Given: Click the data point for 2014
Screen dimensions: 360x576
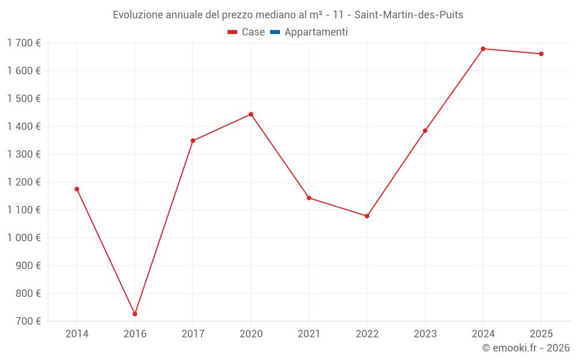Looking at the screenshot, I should (77, 189).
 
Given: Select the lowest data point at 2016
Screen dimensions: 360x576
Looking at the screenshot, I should (135, 314).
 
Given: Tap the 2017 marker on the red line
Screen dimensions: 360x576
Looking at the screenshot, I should (193, 141).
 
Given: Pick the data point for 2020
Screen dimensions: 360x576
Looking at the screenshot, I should (251, 114).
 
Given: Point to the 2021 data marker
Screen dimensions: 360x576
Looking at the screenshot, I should (309, 198).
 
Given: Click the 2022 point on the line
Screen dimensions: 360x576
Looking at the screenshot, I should (367, 216).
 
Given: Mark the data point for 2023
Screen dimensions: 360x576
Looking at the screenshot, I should (425, 131).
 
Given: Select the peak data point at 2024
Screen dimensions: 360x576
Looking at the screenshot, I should (483, 49).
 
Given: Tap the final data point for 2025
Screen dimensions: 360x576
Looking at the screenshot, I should (541, 54).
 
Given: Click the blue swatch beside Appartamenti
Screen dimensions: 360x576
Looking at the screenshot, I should (275, 32).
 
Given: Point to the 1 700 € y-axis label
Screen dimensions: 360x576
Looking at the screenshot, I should (24, 43).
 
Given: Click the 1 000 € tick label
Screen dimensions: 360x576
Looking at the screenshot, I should (24, 237).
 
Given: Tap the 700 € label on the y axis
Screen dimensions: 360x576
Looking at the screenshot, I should (27, 321).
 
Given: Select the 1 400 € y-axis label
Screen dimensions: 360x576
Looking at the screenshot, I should (24, 126).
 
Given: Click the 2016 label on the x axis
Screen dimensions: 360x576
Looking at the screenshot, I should (135, 334).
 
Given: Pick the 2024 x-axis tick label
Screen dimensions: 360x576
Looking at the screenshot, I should (483, 334).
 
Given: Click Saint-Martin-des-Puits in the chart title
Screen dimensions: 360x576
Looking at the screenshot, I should (410, 15).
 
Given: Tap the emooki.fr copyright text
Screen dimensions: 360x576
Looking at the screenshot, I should (525, 348).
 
